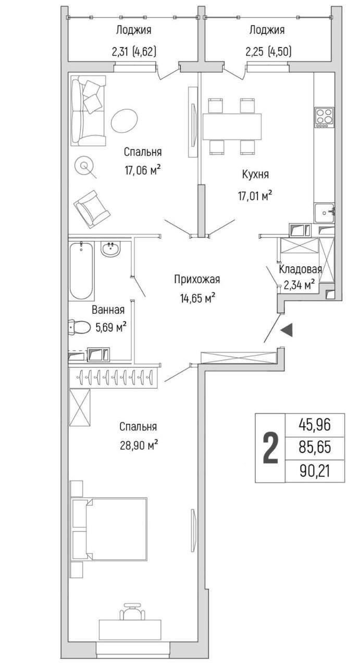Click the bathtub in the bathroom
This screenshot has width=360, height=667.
[81, 271]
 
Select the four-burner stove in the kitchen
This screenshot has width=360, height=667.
[324, 117]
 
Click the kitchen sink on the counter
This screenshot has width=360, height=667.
[325, 212]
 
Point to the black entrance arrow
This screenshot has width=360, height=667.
[287, 330]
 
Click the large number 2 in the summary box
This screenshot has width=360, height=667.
[269, 448]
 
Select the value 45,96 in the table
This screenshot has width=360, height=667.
[314, 425]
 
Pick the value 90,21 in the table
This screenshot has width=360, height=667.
[314, 471]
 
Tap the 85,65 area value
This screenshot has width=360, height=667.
[314, 448]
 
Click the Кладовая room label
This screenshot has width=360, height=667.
[300, 269]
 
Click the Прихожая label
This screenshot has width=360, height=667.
[197, 280]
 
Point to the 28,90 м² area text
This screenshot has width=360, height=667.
[138, 446]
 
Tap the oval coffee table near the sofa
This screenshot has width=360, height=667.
[125, 120]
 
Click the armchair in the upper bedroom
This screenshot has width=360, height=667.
[92, 208]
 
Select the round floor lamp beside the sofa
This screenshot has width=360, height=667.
[83, 166]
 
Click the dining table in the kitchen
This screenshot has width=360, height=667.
[232, 126]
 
